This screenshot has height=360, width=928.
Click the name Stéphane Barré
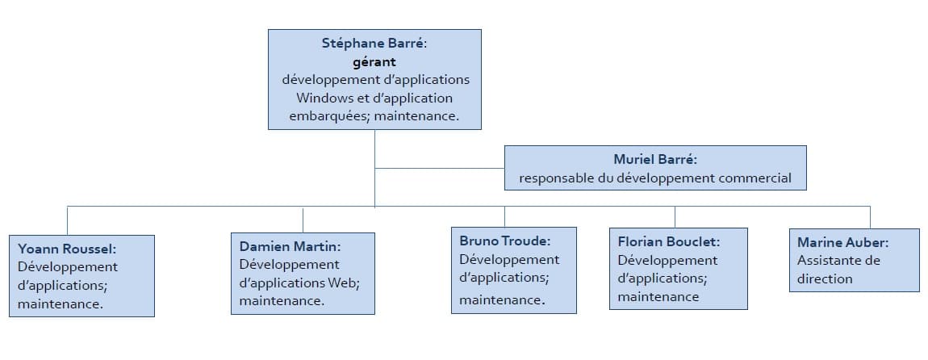click(372, 43)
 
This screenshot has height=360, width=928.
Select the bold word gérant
click(374, 61)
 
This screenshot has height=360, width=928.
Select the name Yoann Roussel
click(66, 249)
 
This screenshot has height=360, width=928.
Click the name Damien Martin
click(289, 246)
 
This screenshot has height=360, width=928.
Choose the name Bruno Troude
click(504, 241)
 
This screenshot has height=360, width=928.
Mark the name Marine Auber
click(842, 242)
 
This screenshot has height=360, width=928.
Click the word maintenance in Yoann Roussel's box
click(60, 304)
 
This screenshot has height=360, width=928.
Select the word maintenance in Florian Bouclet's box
click(658, 297)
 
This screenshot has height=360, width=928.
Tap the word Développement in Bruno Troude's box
click(509, 259)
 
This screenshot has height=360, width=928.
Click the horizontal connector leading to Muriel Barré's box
click(440, 168)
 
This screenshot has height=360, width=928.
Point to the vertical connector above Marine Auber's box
click(870, 217)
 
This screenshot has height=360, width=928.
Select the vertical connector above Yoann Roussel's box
click(68, 220)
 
